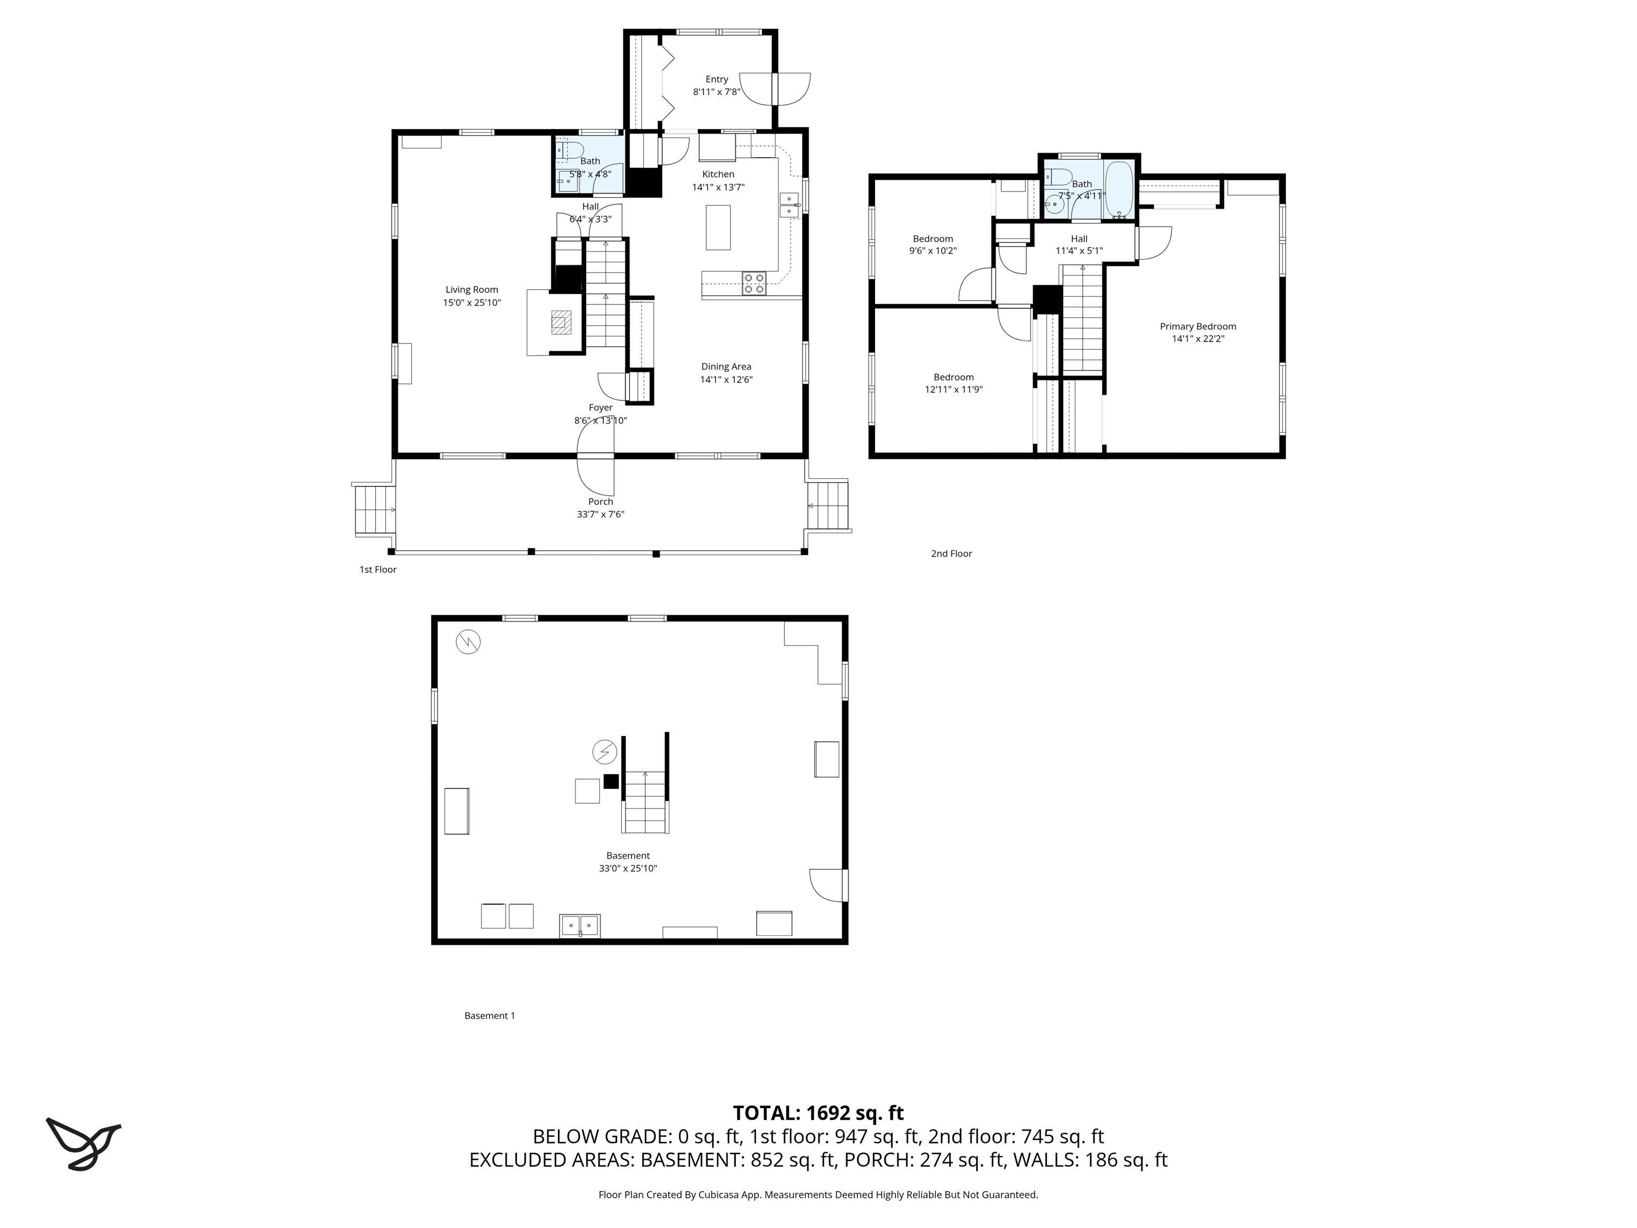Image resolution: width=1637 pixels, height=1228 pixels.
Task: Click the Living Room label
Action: tap(472, 289)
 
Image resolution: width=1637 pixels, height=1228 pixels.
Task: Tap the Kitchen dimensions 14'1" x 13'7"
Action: tap(718, 187)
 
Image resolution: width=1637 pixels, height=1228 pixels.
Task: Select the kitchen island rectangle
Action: tap(717, 227)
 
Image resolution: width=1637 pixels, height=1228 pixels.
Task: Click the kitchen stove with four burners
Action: tap(754, 284)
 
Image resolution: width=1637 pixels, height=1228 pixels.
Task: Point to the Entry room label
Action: tap(716, 79)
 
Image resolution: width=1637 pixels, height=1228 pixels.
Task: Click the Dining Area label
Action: tap(726, 366)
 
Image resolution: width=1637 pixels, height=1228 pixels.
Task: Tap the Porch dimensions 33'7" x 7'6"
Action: tap(600, 514)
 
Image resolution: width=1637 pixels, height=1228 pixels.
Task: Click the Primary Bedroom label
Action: tap(1197, 326)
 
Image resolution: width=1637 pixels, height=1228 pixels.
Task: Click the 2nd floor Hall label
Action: tap(1079, 238)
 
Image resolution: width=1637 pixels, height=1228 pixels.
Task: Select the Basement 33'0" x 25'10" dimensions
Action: tap(628, 868)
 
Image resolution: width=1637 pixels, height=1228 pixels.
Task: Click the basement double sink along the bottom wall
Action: tap(579, 925)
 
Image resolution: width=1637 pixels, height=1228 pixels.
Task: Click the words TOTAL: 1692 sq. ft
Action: tap(818, 1113)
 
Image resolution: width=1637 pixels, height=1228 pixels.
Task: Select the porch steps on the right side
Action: tap(828, 505)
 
